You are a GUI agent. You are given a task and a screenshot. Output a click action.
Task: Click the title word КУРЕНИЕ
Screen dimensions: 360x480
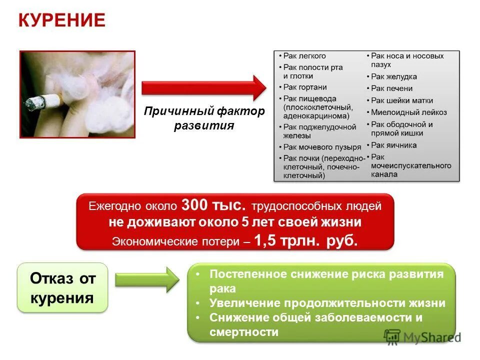click(62, 20)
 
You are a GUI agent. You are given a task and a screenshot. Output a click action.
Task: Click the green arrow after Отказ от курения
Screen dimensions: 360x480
click(147, 279)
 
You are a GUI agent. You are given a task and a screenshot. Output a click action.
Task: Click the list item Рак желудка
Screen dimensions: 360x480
click(394, 76)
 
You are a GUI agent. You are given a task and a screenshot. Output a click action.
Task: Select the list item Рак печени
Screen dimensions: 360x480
click(392, 88)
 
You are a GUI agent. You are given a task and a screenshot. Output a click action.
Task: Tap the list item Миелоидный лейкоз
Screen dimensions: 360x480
click(409, 112)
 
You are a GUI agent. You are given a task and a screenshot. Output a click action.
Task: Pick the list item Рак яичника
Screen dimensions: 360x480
click(394, 145)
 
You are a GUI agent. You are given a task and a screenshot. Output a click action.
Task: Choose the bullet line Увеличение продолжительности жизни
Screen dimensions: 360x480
click(327, 303)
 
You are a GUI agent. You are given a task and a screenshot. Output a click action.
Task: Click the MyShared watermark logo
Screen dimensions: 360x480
click(422, 336)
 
